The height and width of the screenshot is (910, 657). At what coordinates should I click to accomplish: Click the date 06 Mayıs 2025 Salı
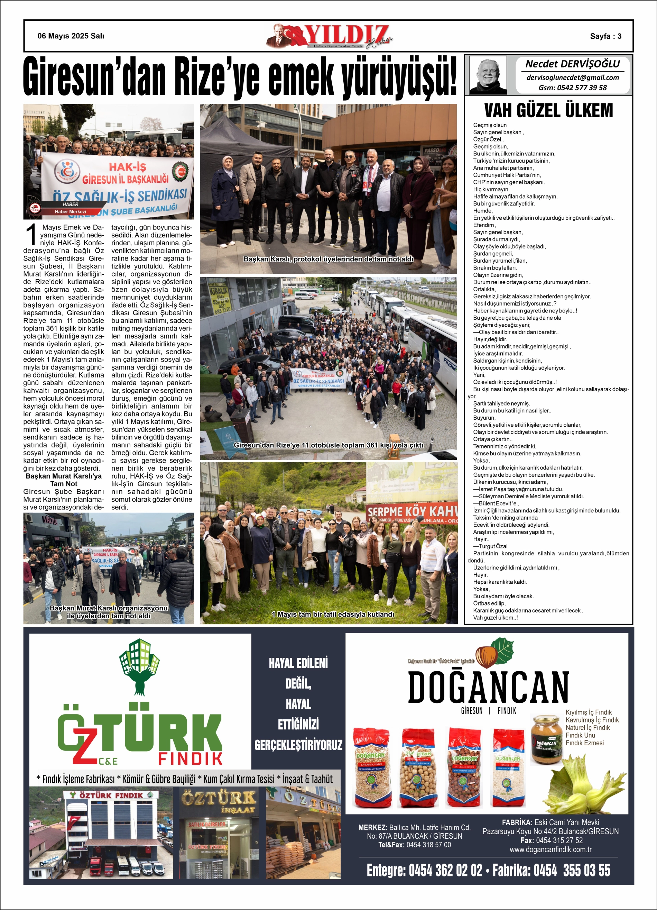[71, 36]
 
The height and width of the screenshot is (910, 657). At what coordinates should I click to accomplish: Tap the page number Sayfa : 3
[605, 36]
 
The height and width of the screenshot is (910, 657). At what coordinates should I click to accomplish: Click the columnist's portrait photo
[488, 75]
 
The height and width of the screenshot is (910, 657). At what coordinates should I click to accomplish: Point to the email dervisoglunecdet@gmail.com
[572, 78]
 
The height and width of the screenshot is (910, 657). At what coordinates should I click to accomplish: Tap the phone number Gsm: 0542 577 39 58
[572, 88]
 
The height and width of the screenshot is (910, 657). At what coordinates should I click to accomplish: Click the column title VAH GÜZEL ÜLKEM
[548, 110]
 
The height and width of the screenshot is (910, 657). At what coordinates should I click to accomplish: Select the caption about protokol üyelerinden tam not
[328, 259]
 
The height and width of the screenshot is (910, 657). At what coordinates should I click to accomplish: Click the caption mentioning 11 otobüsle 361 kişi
[328, 445]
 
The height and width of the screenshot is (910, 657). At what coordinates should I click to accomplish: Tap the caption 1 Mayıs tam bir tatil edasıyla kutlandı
[333, 614]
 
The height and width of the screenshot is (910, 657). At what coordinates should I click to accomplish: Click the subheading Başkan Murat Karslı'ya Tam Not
[64, 480]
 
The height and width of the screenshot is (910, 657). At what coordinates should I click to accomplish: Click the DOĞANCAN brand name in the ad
[488, 687]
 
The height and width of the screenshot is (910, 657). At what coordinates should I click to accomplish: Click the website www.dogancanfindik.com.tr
[550, 850]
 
